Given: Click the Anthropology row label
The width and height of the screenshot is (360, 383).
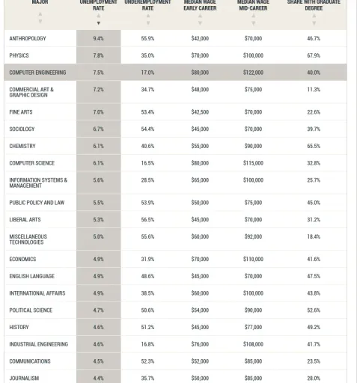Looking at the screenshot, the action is [x=28, y=38].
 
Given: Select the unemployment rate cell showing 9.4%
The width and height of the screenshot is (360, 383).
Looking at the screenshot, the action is [x=98, y=38].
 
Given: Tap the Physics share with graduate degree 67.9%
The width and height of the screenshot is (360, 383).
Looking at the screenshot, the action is [x=314, y=55].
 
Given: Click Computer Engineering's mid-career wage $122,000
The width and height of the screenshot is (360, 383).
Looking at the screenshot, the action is [x=253, y=73].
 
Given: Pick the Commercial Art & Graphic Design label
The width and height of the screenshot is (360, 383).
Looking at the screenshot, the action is [x=31, y=92].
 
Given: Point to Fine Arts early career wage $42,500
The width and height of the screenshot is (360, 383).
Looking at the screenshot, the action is [x=200, y=112].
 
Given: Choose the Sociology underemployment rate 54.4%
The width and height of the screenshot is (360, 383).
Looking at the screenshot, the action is [x=147, y=129].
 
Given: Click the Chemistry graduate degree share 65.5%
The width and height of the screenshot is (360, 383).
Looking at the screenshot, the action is [x=314, y=146].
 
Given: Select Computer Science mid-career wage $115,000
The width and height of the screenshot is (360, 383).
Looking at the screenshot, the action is [x=253, y=163].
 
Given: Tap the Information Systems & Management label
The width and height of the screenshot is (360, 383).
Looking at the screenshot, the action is [x=38, y=183].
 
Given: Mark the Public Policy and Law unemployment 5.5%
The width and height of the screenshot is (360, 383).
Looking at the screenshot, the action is [x=98, y=203].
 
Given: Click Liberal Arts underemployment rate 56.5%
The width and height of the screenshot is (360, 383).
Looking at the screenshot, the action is [x=147, y=220].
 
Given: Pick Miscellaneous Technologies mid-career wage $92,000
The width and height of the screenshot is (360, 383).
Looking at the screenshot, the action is [x=253, y=236].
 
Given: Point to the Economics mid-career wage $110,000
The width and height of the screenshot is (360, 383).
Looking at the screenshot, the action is [x=253, y=260].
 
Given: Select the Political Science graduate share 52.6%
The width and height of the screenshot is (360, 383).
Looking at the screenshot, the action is [x=314, y=310].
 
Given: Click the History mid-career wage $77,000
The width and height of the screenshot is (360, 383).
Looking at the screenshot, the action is [x=253, y=327].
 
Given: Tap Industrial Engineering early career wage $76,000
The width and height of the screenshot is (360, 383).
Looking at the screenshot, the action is [x=200, y=344].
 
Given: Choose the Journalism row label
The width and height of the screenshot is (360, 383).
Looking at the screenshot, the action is [x=24, y=379].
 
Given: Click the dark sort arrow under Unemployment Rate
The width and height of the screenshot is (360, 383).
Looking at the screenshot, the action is [x=99, y=23].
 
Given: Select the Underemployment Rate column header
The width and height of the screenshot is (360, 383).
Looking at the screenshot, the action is [x=147, y=5].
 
